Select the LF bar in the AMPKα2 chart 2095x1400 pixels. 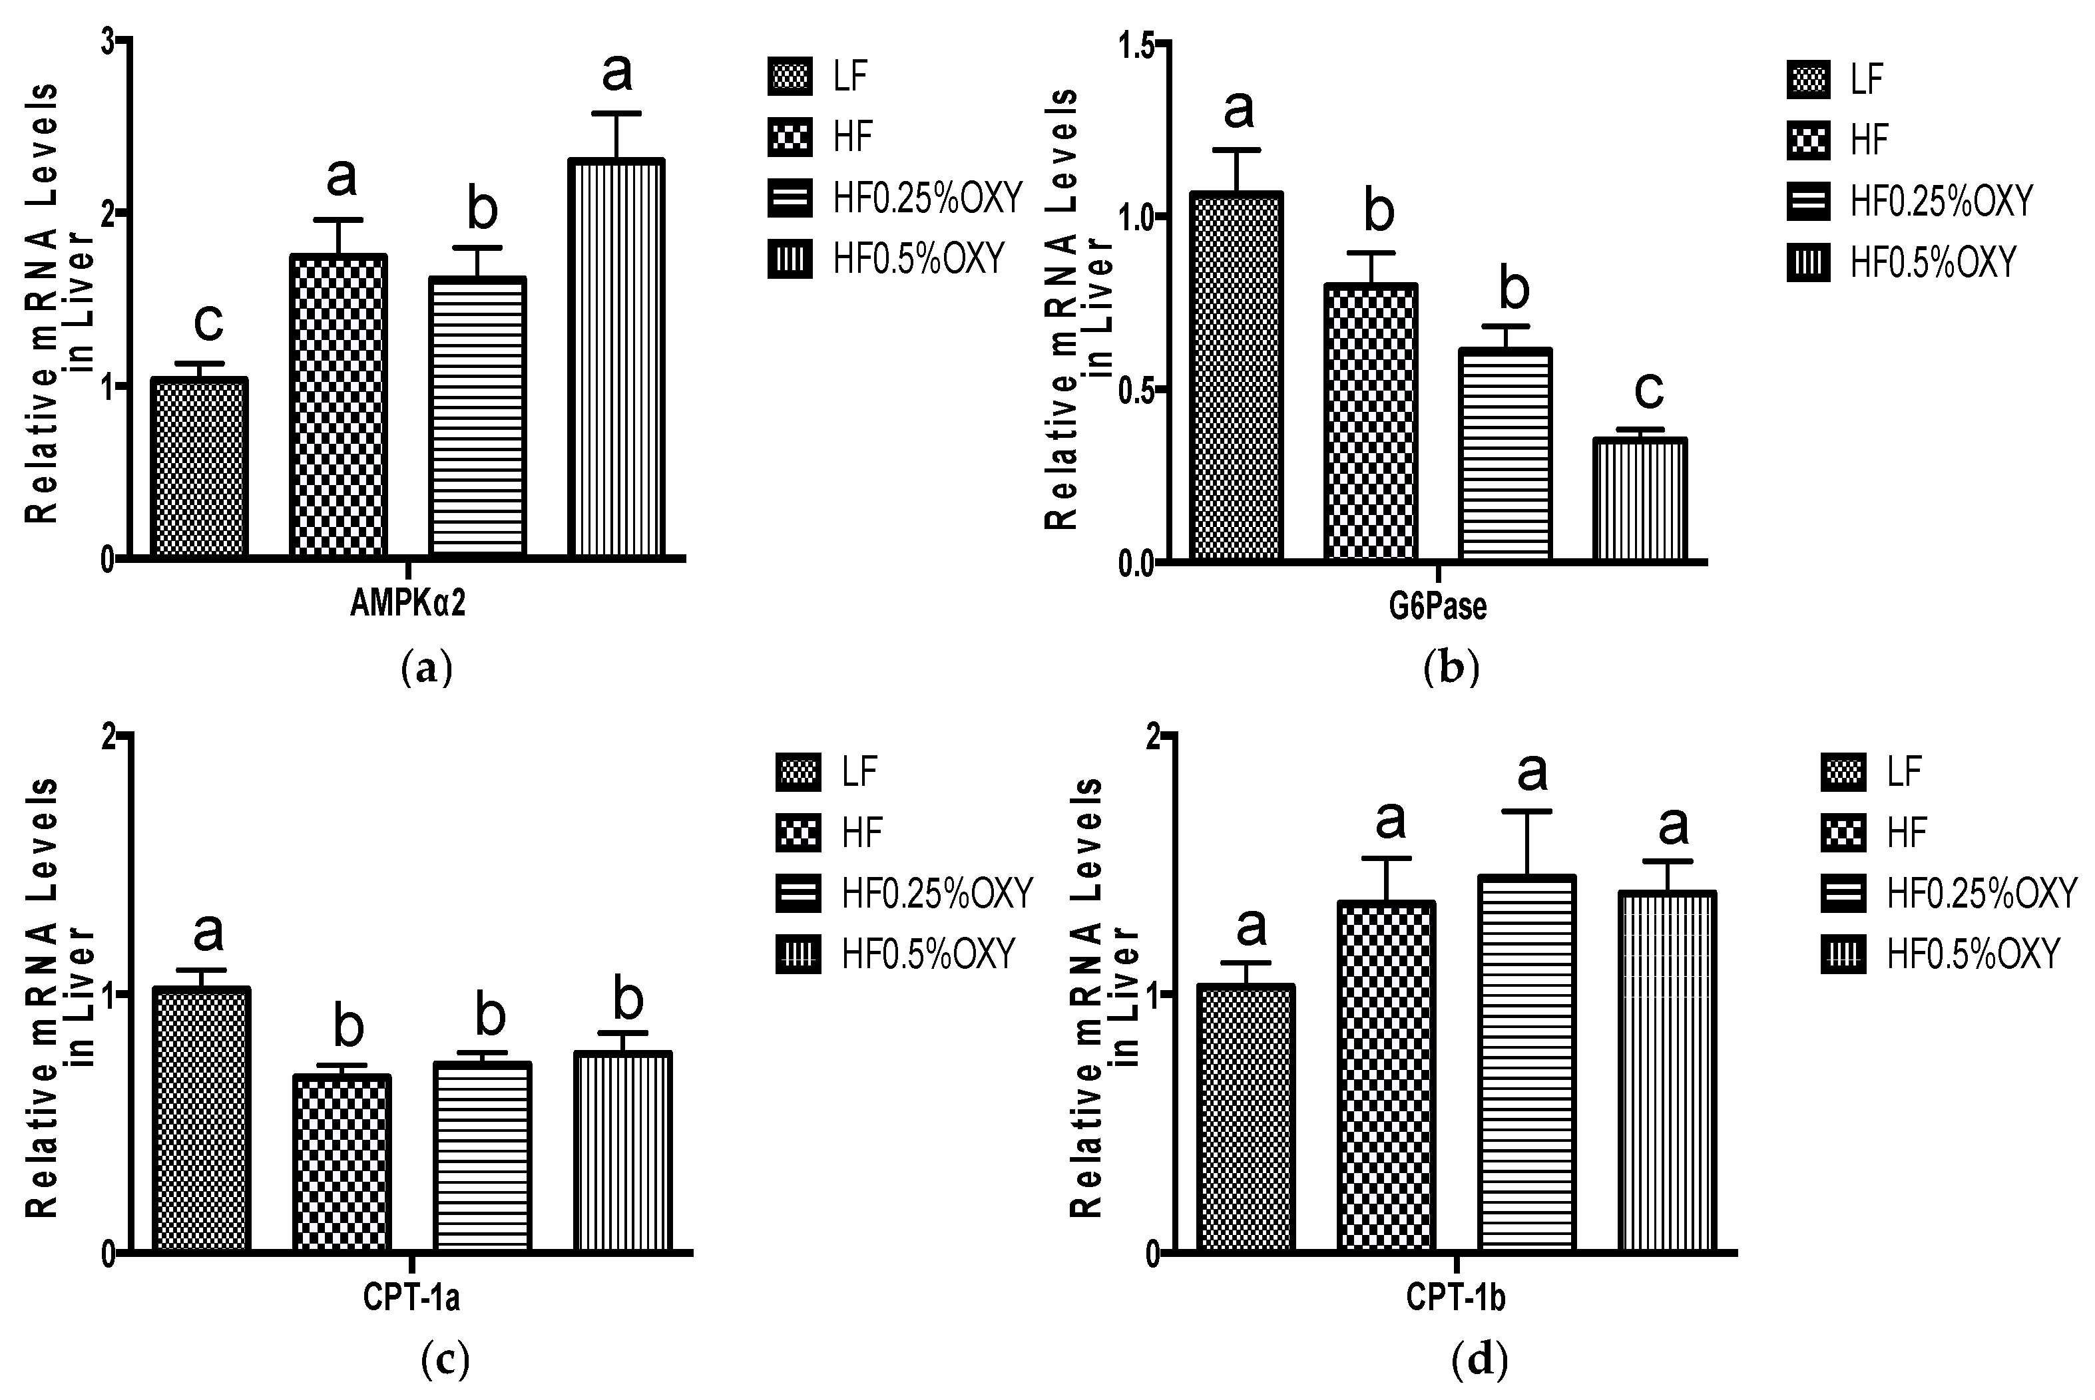tap(198, 468)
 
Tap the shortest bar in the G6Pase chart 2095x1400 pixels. tap(1640, 500)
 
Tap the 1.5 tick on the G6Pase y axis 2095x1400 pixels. tap(1136, 45)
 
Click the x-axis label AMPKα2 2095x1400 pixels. tap(407, 604)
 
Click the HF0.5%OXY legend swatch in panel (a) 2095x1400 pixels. tap(790, 260)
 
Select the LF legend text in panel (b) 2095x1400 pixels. tap(1867, 79)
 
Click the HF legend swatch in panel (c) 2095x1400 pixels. tap(798, 833)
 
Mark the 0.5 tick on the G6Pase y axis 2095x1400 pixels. tap(1136, 389)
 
